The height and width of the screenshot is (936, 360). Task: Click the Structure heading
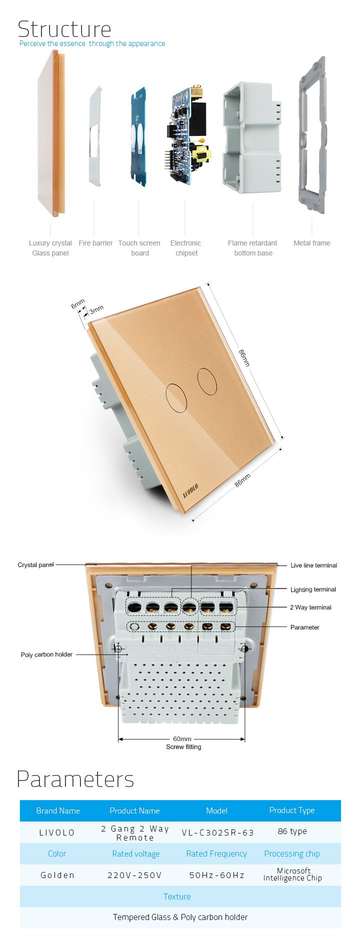pyautogui.click(x=64, y=29)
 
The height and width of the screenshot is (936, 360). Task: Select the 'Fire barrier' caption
pyautogui.click(x=95, y=243)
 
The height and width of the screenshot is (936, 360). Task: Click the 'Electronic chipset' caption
pyautogui.click(x=186, y=248)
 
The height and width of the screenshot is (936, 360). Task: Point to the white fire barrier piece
pyautogui.click(x=95, y=136)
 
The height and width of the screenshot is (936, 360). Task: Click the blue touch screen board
pyautogui.click(x=139, y=136)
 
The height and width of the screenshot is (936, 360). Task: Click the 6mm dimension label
pyautogui.click(x=77, y=303)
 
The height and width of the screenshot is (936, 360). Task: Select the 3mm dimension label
pyautogui.click(x=96, y=309)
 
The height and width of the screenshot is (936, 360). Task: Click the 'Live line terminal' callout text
pyautogui.click(x=314, y=565)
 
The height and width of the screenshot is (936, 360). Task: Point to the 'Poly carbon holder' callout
pyautogui.click(x=46, y=654)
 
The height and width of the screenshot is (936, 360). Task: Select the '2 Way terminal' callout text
pyautogui.click(x=310, y=607)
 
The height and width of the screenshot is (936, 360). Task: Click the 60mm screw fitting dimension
pyautogui.click(x=182, y=739)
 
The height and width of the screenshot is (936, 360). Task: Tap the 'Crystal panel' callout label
pyautogui.click(x=35, y=565)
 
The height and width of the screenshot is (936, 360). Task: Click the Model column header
pyautogui.click(x=216, y=810)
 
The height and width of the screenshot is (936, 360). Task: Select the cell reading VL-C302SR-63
pyautogui.click(x=217, y=832)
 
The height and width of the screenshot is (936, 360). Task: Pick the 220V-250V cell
pyautogui.click(x=134, y=875)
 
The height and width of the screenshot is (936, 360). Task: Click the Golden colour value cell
pyautogui.click(x=57, y=875)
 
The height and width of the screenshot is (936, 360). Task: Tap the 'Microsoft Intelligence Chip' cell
pyautogui.click(x=292, y=874)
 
